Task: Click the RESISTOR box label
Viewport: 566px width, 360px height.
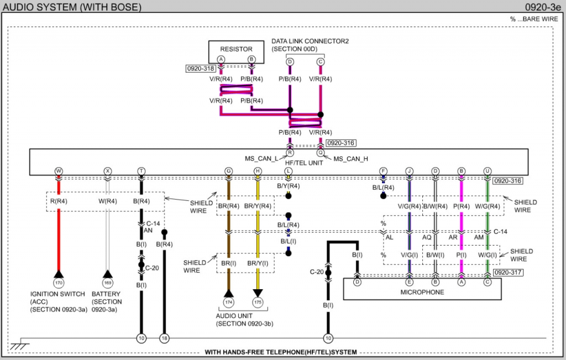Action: click(x=236, y=49)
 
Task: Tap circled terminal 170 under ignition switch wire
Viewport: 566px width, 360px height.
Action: click(x=59, y=283)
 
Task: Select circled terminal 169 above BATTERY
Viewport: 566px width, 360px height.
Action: click(x=108, y=283)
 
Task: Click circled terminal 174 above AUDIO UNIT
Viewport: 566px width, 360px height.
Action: click(x=228, y=302)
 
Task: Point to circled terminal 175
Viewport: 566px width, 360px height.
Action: click(x=258, y=302)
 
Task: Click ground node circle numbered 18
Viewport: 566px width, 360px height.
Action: click(x=164, y=338)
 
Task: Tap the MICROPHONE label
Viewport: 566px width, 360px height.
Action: click(x=422, y=292)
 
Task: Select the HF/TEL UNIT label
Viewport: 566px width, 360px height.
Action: click(x=304, y=163)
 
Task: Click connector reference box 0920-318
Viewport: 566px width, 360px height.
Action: click(x=201, y=69)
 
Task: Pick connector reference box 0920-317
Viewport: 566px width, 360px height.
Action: click(x=508, y=272)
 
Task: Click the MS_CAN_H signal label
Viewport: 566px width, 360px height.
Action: click(x=350, y=159)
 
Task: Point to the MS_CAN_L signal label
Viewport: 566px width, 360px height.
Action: click(x=261, y=159)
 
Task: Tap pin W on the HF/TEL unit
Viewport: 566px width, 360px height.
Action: click(x=59, y=171)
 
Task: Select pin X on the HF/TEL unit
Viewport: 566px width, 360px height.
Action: click(x=108, y=171)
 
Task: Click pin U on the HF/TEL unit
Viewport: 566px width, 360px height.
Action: click(x=488, y=171)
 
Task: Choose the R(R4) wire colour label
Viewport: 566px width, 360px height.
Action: click(x=59, y=201)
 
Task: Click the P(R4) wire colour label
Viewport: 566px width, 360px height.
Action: click(x=462, y=206)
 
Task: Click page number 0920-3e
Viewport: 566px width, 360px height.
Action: click(x=543, y=7)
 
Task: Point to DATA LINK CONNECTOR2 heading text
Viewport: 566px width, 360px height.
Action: click(x=310, y=41)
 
